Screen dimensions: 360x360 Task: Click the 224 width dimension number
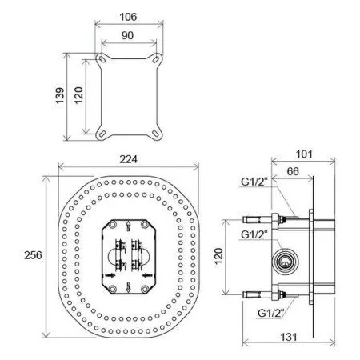tap(128, 159)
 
